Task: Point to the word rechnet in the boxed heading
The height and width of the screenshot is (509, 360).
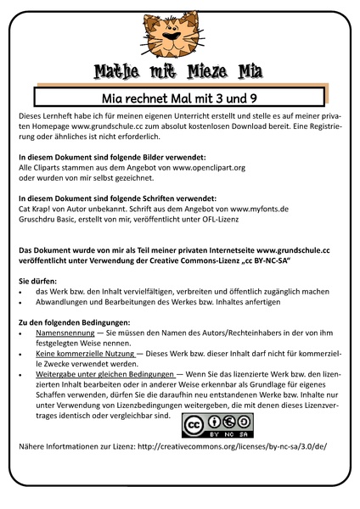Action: point(140,97)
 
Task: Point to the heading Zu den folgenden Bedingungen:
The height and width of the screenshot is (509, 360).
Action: point(74,323)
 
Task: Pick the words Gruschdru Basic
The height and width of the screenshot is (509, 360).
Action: point(49,218)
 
